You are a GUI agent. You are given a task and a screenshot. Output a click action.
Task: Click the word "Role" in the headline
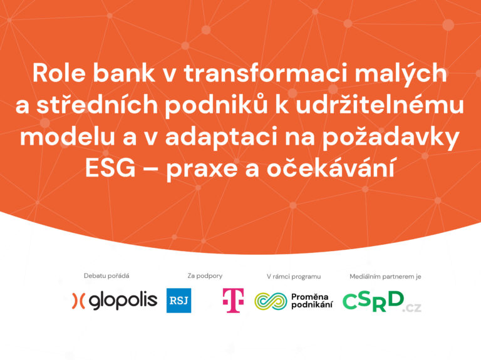(59, 73)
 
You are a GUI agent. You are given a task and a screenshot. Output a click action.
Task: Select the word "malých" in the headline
(401, 74)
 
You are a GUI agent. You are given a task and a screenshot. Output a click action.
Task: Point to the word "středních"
(97, 105)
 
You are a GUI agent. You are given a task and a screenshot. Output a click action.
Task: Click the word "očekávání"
(331, 167)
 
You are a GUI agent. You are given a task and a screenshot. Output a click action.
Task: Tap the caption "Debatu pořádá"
(106, 275)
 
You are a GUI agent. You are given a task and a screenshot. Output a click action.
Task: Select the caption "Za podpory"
(205, 275)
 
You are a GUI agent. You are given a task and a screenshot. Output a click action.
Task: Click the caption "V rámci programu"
(294, 277)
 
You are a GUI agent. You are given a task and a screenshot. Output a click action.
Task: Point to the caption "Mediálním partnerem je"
(385, 277)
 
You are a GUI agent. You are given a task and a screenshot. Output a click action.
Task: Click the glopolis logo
(115, 301)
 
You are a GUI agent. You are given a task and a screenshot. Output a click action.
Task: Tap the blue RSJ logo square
(179, 301)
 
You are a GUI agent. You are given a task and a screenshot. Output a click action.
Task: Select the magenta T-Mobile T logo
(233, 301)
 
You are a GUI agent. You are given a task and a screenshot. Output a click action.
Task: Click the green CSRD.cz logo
(381, 302)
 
